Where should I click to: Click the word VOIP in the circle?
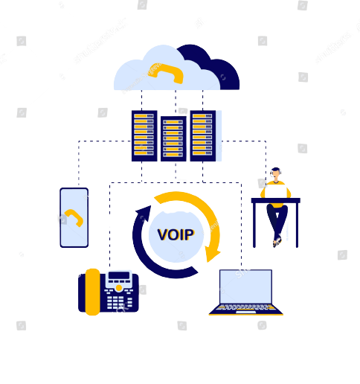[x=176, y=234]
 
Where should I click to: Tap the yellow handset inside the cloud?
[x=167, y=73]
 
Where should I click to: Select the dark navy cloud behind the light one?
[x=213, y=65]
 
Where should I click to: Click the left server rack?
[x=144, y=135]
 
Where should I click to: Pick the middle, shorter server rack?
[x=173, y=138]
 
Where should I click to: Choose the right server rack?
[x=203, y=135]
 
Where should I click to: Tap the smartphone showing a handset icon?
[x=74, y=217]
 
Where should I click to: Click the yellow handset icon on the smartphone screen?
[x=74, y=217]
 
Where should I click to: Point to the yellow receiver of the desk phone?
[x=93, y=292]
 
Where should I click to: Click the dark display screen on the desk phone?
[x=119, y=275]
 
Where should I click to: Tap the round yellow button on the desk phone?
[x=119, y=288]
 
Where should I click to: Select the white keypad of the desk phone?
[x=119, y=301]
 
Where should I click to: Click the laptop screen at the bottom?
[x=245, y=287]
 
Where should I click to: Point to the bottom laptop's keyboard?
[x=245, y=307]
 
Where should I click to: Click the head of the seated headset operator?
[x=276, y=173]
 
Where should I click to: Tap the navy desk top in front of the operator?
[x=276, y=200]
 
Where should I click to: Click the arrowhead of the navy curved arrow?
[x=144, y=213]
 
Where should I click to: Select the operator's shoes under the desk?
[x=277, y=242]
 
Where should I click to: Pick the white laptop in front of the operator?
[x=276, y=191]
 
